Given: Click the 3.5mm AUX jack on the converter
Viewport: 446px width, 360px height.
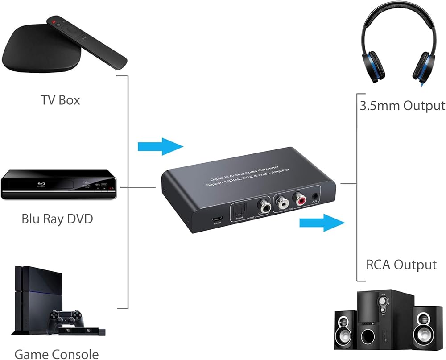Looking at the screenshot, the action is point(316,195).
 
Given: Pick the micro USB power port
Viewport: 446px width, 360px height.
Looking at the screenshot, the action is point(217,219).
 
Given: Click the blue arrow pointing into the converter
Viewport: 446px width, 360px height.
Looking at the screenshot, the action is point(161,146).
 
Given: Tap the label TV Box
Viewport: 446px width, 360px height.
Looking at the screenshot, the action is point(60,100).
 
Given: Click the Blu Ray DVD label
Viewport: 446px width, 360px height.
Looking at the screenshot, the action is point(57,219).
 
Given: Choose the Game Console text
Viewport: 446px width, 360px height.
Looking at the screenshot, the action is point(56,354).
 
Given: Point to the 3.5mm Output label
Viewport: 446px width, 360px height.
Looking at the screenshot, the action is point(402,106).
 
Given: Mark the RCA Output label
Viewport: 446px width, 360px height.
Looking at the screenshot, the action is point(401,265).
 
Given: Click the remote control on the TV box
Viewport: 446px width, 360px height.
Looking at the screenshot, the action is point(90,41).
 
